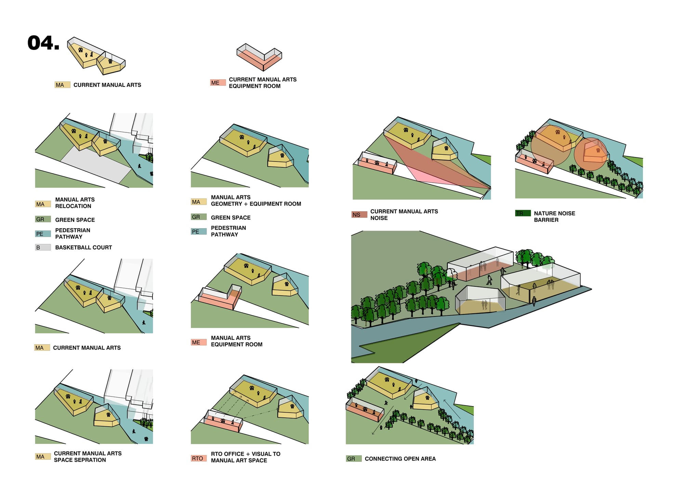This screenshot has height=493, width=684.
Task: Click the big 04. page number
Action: click(43, 43)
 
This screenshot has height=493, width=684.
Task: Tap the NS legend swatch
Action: click(359, 215)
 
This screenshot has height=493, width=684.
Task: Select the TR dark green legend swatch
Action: click(523, 213)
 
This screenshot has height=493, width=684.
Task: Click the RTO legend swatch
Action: click(198, 458)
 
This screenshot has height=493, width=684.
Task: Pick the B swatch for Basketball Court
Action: click(43, 247)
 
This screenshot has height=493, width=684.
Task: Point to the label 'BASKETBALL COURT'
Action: click(83, 247)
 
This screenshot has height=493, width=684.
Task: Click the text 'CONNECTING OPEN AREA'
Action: click(400, 458)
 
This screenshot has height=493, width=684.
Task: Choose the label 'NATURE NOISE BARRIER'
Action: click(554, 217)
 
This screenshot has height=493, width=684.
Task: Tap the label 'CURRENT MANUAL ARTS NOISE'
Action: click(404, 215)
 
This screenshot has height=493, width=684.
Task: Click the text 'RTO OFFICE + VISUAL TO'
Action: click(246, 454)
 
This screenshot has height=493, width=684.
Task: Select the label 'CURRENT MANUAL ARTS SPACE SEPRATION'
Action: click(88, 456)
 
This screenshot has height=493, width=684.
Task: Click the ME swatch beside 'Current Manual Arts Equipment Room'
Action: click(218, 82)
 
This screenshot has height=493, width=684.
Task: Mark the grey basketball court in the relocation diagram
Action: click(96, 164)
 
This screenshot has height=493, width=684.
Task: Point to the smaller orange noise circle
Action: click(590, 154)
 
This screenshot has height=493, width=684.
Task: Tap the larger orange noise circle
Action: click(551, 145)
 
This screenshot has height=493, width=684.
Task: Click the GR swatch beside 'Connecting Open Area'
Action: click(354, 458)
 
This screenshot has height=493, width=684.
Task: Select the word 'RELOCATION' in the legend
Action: click(73, 206)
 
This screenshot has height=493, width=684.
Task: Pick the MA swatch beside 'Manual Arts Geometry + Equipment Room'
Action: click(198, 202)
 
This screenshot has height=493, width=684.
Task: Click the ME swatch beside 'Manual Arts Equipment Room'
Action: click(198, 342)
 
